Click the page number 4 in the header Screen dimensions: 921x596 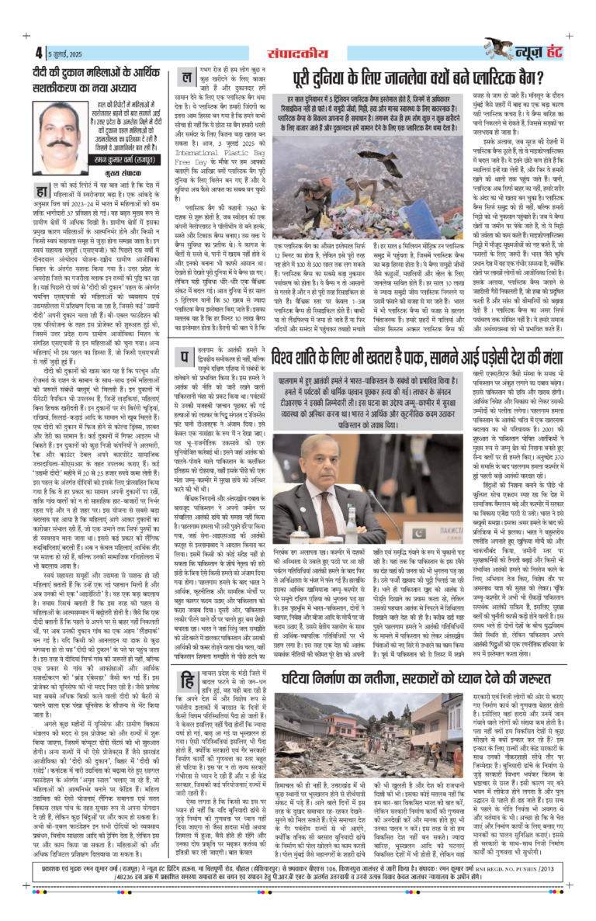point(38,53)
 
